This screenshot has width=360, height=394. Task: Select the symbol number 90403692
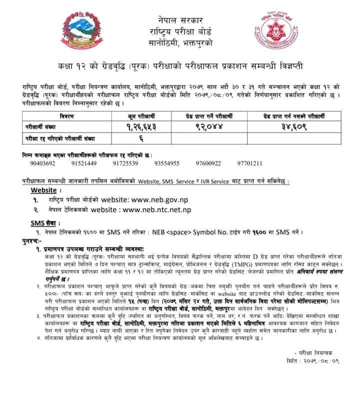point(43,163)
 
